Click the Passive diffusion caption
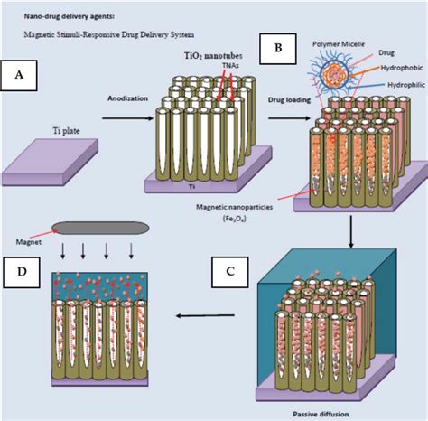coord(316,411)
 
